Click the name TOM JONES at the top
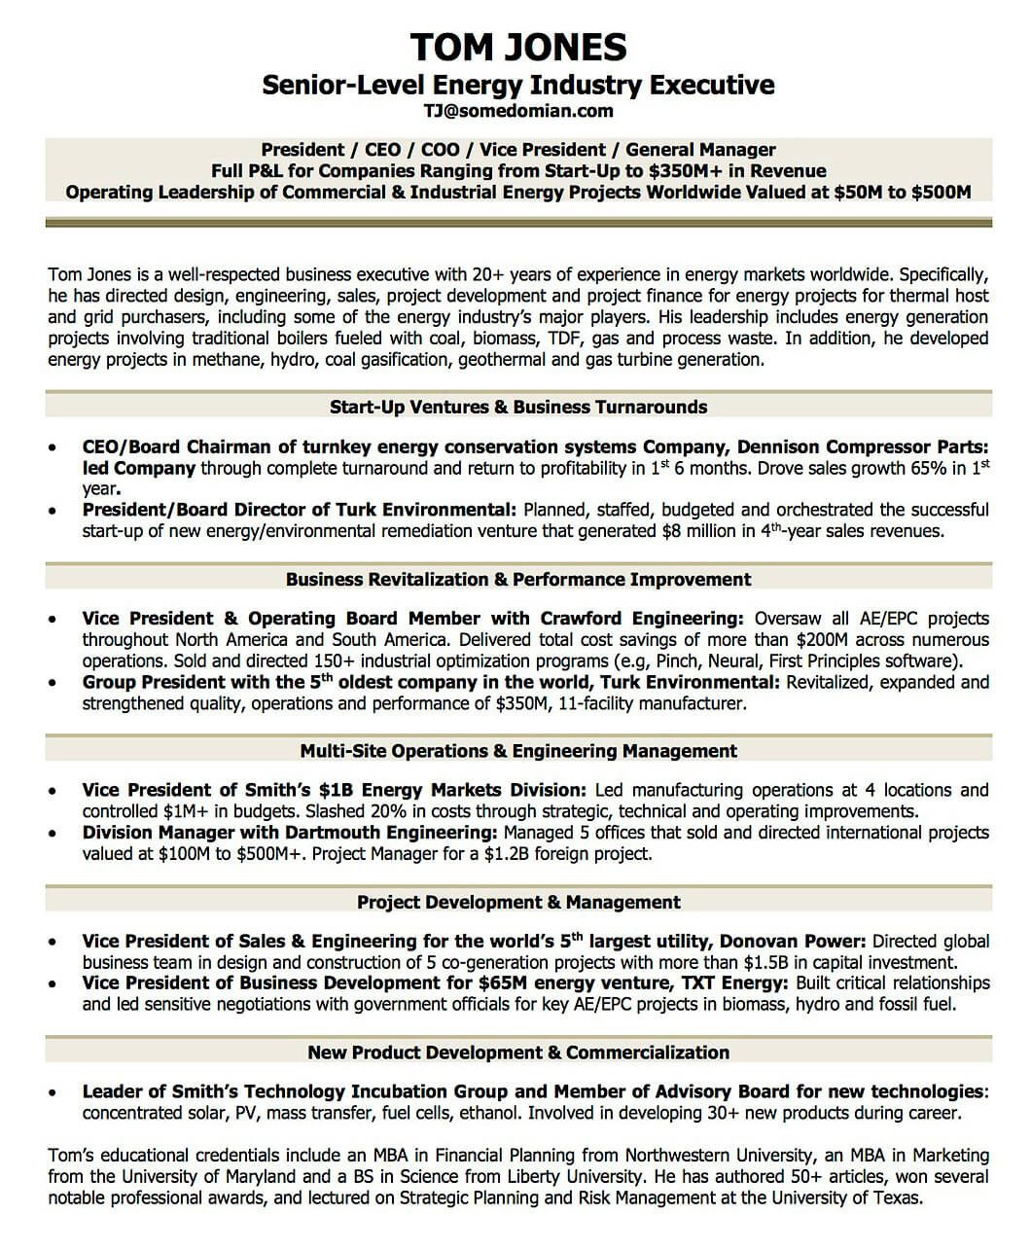point(517,46)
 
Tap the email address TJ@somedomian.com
point(517,111)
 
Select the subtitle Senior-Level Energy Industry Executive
point(517,85)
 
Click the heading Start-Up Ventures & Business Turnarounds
point(517,407)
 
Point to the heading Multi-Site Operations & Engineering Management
point(517,751)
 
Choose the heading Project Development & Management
point(517,902)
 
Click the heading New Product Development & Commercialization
point(517,1052)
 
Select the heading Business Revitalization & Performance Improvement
point(517,579)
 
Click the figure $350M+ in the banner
point(679,171)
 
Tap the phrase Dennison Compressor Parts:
point(862,447)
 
